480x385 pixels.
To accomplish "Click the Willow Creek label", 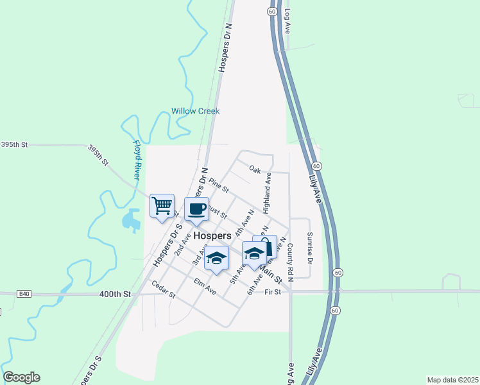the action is click(x=195, y=111).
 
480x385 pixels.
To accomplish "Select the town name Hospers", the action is click(x=212, y=235).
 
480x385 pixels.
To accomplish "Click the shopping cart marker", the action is click(x=162, y=207).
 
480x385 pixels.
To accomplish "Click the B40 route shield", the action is click(x=24, y=294).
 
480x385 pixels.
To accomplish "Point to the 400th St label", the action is click(x=115, y=294).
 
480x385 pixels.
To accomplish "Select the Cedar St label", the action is click(x=163, y=290).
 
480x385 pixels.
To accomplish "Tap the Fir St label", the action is click(x=273, y=292).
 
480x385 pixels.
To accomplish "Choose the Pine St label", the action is click(x=219, y=185).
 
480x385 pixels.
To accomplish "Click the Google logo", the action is click(x=21, y=377).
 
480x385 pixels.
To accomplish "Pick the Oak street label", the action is click(x=255, y=169).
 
